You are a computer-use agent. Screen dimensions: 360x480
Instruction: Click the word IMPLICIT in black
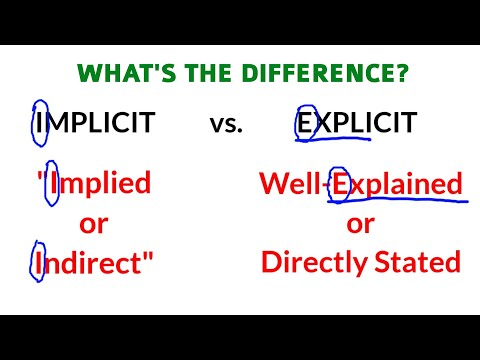[94, 124]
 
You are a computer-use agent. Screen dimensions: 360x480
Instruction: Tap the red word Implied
[98, 183]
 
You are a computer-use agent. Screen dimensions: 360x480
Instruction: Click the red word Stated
[421, 263]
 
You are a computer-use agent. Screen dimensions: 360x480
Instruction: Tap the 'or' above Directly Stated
[361, 223]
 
